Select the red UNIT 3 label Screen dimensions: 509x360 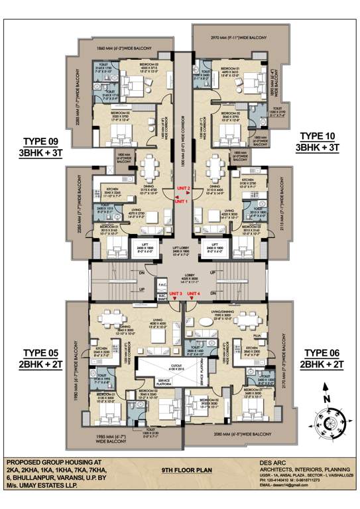point(176,294)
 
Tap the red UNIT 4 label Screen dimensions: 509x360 point(194,294)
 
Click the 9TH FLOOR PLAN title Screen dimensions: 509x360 point(180,469)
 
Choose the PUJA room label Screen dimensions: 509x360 point(259,336)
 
